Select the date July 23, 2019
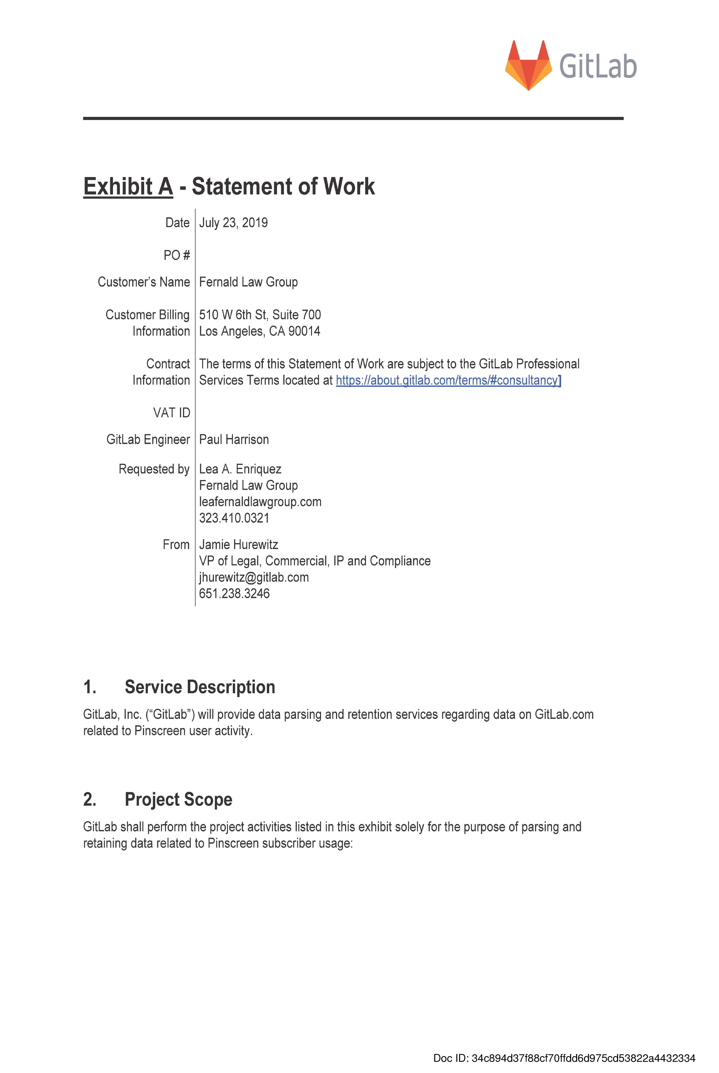coord(233,223)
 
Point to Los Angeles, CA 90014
coord(260,331)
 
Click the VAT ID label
coord(171,413)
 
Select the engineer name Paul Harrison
coord(234,439)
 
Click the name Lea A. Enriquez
coord(240,469)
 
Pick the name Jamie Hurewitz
coord(238,544)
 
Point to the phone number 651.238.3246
coord(234,594)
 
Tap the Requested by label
coord(154,469)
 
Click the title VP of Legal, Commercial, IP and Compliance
coord(315,561)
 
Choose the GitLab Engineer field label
coord(148,439)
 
